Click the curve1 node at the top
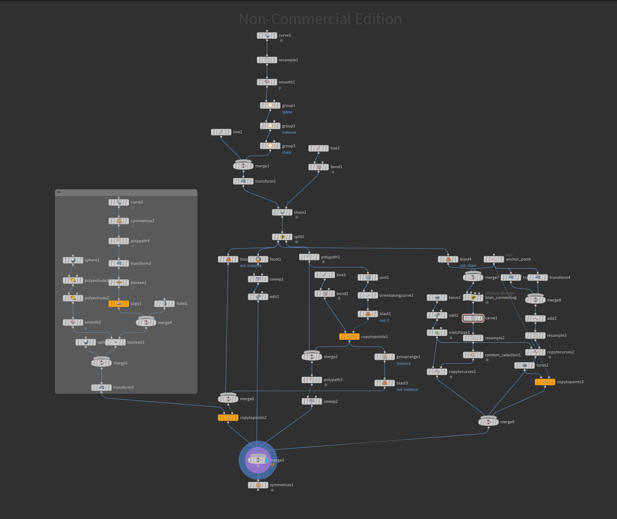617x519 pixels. pyautogui.click(x=267, y=36)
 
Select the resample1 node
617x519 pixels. pyautogui.click(x=267, y=60)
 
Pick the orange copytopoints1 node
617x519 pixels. pyautogui.click(x=349, y=337)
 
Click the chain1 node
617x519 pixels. pyautogui.click(x=282, y=212)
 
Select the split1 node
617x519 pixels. pyautogui.click(x=282, y=237)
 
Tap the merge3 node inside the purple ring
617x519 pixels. pyautogui.click(x=258, y=460)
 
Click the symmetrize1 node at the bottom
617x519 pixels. pyautogui.click(x=258, y=485)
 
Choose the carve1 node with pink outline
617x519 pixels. pyautogui.click(x=473, y=318)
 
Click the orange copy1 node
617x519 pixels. pyautogui.click(x=119, y=304)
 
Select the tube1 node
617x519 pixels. pyautogui.click(x=165, y=304)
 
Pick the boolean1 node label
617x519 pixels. pyautogui.click(x=136, y=342)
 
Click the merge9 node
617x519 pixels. pyautogui.click(x=488, y=422)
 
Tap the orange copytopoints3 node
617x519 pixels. pyautogui.click(x=545, y=382)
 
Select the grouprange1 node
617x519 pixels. pyautogui.click(x=385, y=357)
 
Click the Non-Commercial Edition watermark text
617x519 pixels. pyautogui.click(x=320, y=19)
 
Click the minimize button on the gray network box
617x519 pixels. pyautogui.click(x=59, y=192)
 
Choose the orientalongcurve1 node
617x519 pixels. pyautogui.click(x=368, y=295)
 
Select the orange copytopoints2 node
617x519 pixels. pyautogui.click(x=228, y=418)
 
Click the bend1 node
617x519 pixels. pyautogui.click(x=319, y=167)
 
